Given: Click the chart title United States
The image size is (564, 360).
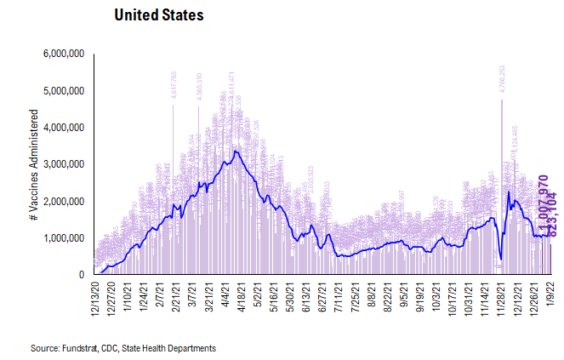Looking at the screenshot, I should (158, 16).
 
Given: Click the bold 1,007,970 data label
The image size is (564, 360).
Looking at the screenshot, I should (542, 200).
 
